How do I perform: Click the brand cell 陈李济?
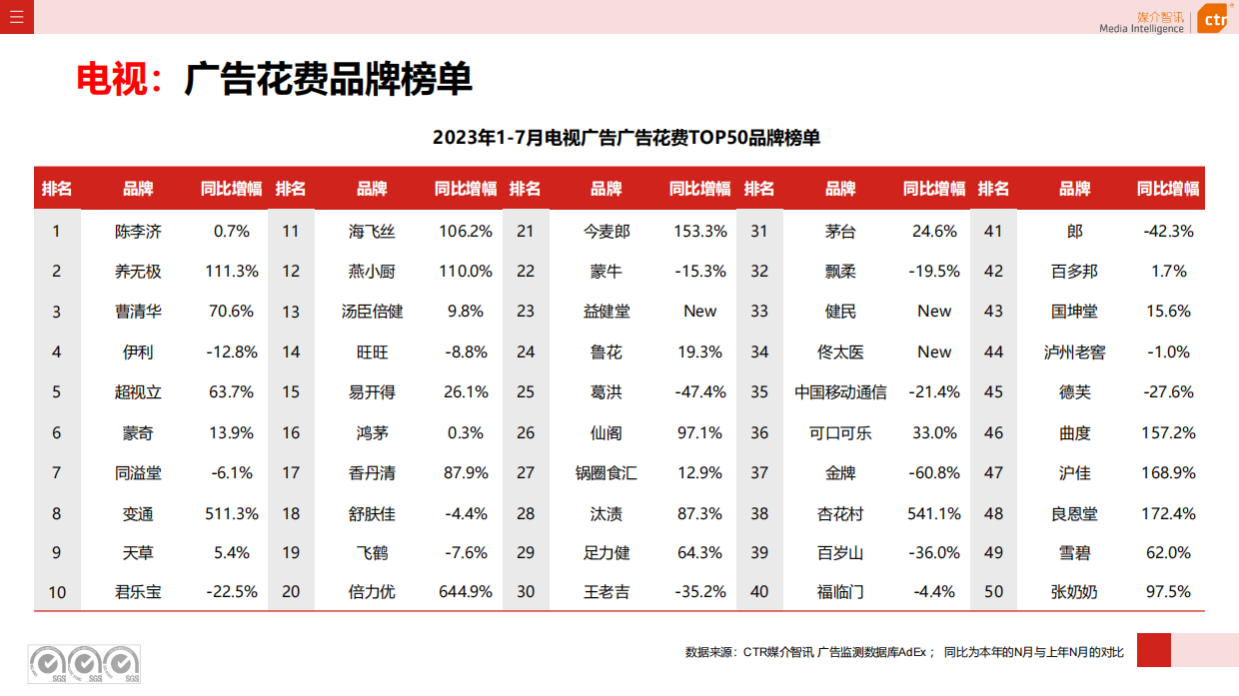138,232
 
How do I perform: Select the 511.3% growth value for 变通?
232,513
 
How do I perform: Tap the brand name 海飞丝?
372,232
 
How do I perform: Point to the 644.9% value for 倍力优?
466,592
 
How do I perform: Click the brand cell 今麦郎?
607,232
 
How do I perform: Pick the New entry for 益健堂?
700,312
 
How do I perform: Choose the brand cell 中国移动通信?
840,392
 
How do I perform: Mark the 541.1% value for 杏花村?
934,513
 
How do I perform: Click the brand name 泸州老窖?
1074,352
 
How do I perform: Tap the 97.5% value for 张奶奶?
1168,592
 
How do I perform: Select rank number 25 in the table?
526,392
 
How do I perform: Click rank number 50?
993,592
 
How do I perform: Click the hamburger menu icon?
16,16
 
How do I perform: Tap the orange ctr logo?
1213,18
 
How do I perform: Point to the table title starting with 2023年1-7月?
625,138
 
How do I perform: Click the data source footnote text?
904,652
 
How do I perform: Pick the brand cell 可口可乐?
840,433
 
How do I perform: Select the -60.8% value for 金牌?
934,473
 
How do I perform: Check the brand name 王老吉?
607,592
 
